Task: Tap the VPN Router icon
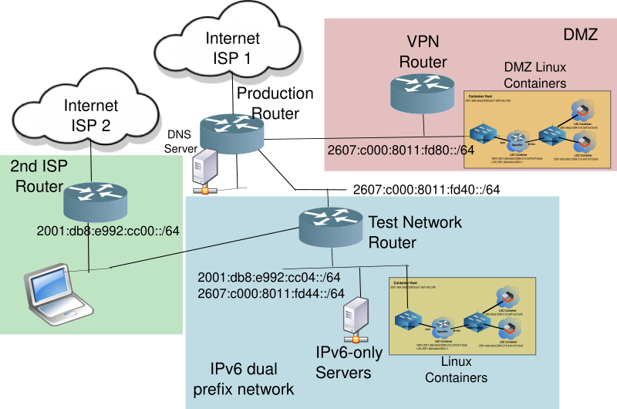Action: (422, 92)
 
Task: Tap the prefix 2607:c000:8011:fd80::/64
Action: (400, 150)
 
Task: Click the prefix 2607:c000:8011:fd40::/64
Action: (427, 189)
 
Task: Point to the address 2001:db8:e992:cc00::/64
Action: (108, 230)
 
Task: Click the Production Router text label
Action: (275, 103)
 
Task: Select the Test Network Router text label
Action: (415, 232)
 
